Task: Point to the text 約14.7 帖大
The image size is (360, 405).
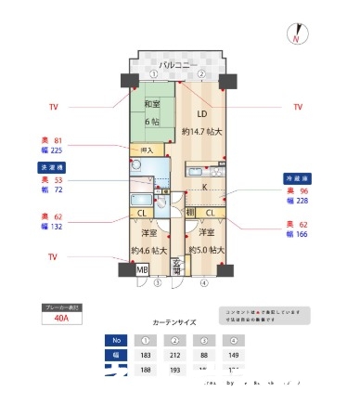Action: (x=203, y=133)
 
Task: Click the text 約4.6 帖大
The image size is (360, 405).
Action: (x=148, y=250)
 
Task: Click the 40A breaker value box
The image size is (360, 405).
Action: (x=62, y=318)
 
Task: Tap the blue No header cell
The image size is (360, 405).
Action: (x=116, y=340)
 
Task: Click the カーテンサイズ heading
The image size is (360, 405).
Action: (x=174, y=321)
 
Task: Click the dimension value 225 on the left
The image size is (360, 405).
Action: (x=57, y=150)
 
